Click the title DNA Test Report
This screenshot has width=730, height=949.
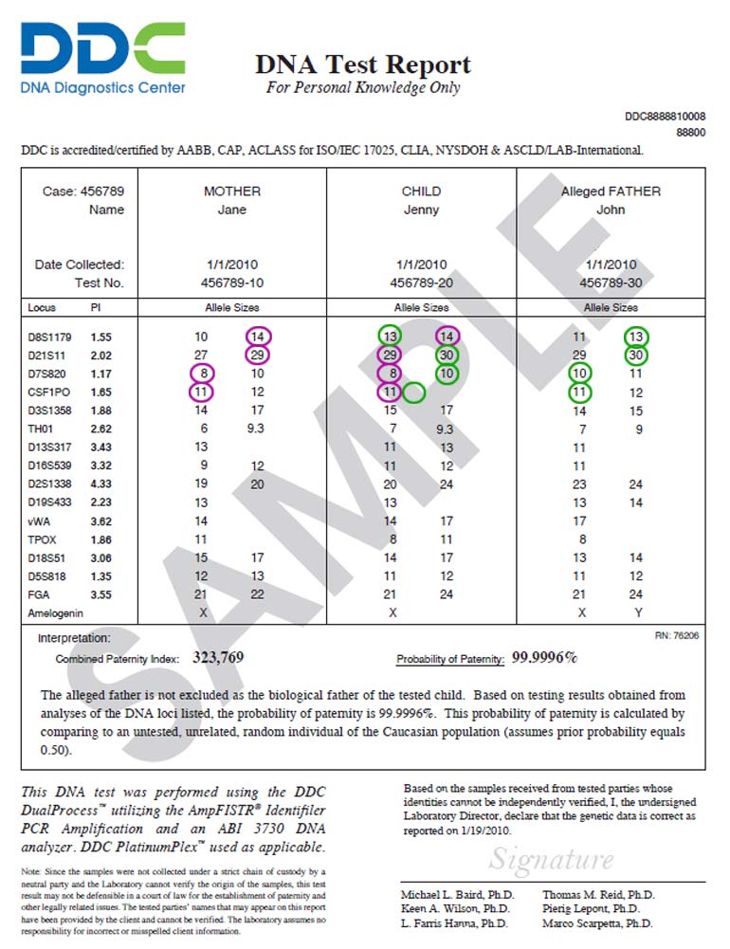[x=362, y=64]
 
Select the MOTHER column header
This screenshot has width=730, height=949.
[x=231, y=192]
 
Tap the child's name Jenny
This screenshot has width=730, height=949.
[x=421, y=210]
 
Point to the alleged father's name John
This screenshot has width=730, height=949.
[x=611, y=210]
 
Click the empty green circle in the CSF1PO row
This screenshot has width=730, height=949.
[x=413, y=391]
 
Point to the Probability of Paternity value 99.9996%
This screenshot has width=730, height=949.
[x=545, y=656]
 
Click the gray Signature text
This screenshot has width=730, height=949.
[x=552, y=859]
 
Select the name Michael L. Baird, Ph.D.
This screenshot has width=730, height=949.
[x=457, y=895]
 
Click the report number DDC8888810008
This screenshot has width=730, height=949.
[x=665, y=117]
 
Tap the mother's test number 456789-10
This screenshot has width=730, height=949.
[x=231, y=283]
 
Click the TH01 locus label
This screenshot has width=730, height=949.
[x=42, y=428]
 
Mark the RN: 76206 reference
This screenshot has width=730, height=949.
[x=677, y=635]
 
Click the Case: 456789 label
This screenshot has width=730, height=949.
[x=83, y=192]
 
